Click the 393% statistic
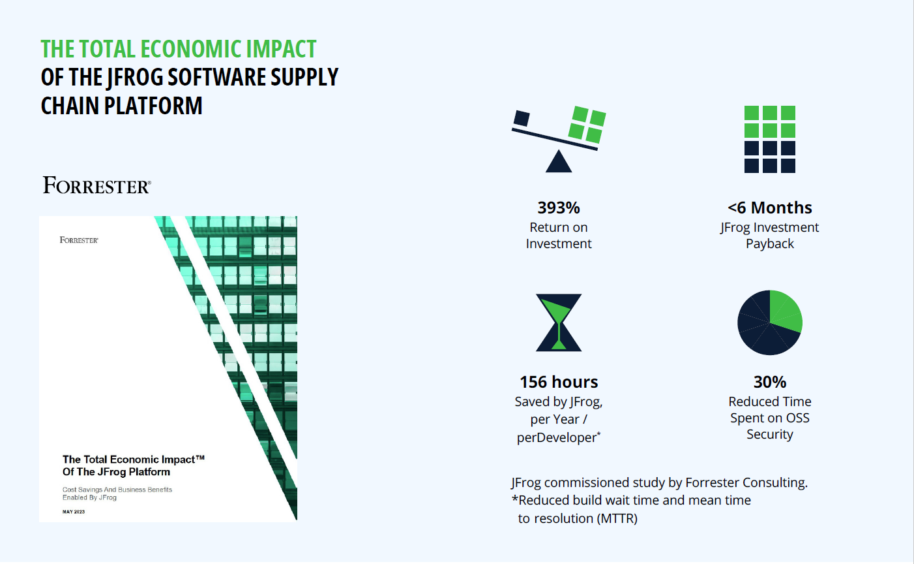[559, 208]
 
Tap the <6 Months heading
[770, 208]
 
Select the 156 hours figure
[559, 382]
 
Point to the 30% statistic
[770, 382]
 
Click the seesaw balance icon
[559, 138]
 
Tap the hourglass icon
[559, 322]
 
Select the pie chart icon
[770, 322]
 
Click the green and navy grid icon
[770, 139]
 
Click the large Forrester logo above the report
[97, 186]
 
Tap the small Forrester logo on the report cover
[79, 240]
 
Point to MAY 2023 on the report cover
[74, 512]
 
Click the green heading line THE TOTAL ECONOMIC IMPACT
[178, 50]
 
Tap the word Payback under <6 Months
[770, 243]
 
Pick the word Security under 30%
[770, 434]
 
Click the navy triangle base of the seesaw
[559, 163]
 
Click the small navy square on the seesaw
[522, 118]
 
